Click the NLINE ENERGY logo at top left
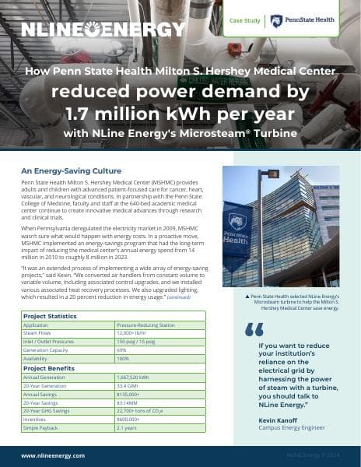[x=104, y=30]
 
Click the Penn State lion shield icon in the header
[x=275, y=21]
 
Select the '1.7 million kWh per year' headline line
[x=180, y=114]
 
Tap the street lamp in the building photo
[x=272, y=174]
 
